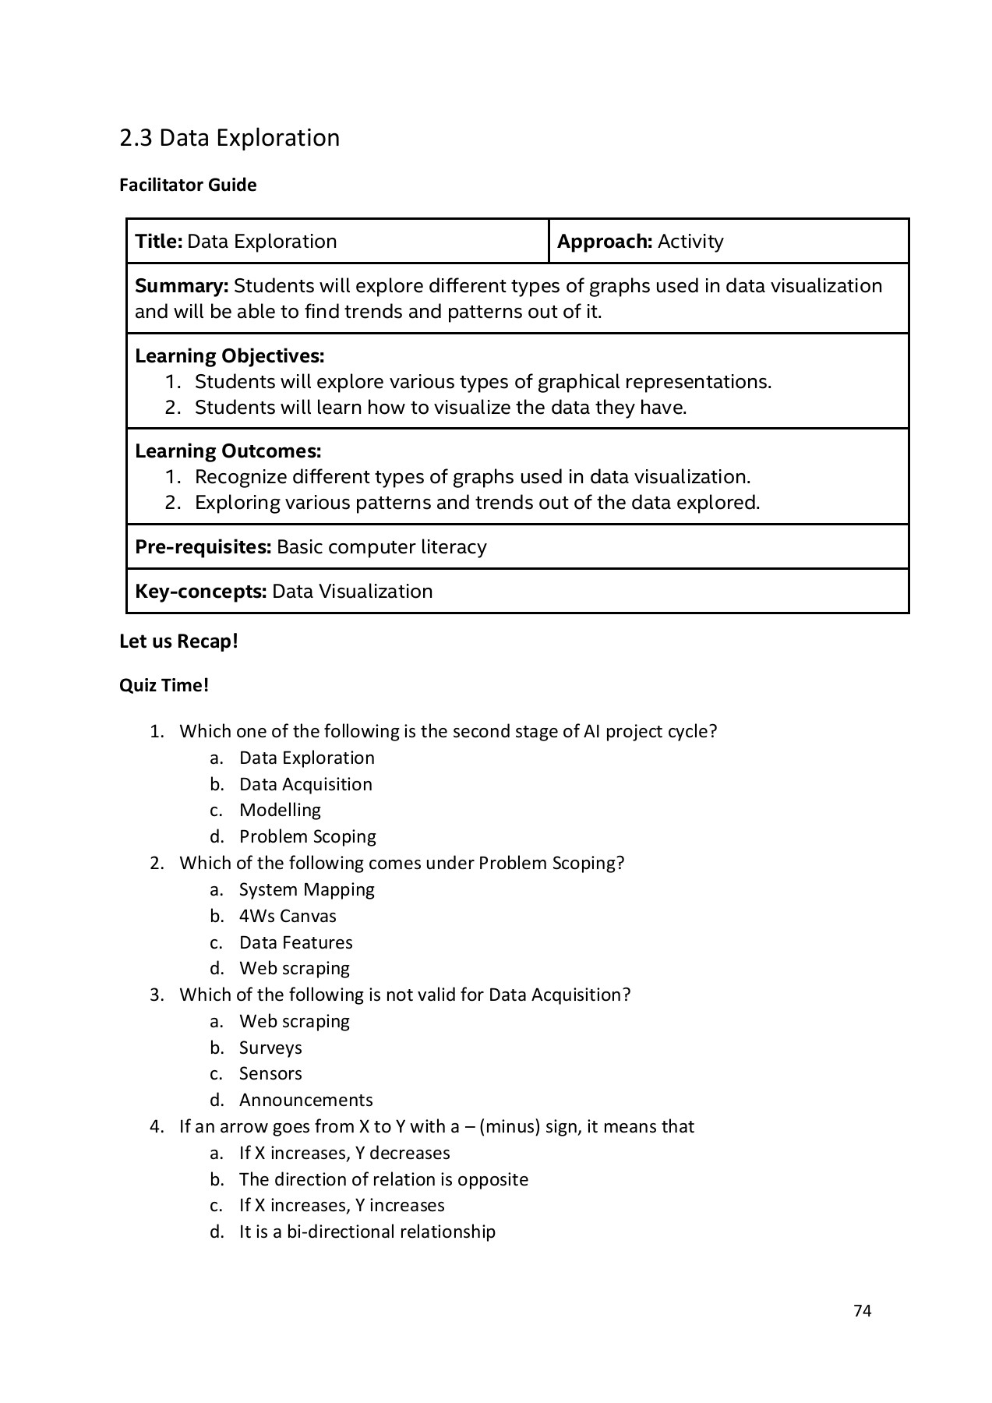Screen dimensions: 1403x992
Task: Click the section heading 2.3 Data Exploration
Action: pos(229,138)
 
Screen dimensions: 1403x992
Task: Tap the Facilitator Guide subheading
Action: pos(188,185)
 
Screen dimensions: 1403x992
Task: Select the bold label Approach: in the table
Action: pos(604,242)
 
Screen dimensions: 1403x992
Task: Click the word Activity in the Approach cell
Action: pos(690,242)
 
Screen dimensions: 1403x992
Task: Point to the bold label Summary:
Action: pos(182,286)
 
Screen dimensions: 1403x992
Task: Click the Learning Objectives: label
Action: pos(229,356)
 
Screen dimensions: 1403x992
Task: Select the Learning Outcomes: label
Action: pos(228,451)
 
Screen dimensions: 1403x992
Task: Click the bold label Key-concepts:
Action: pos(200,592)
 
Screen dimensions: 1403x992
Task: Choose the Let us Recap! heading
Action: pos(178,641)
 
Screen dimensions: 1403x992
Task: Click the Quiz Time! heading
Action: pos(164,686)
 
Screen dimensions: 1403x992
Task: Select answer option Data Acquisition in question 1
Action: pos(305,784)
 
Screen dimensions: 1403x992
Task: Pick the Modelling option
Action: pos(280,811)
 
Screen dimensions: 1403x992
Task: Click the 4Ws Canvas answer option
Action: pos(288,916)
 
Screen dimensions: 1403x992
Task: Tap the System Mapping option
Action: pos(306,889)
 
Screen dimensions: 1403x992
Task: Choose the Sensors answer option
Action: pos(270,1073)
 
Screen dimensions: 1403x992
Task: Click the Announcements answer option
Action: pos(305,1100)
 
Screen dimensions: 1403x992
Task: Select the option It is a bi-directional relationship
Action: pos(367,1232)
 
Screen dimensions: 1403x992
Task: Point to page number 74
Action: pos(862,1311)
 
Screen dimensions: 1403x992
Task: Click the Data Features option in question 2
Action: pos(295,942)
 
